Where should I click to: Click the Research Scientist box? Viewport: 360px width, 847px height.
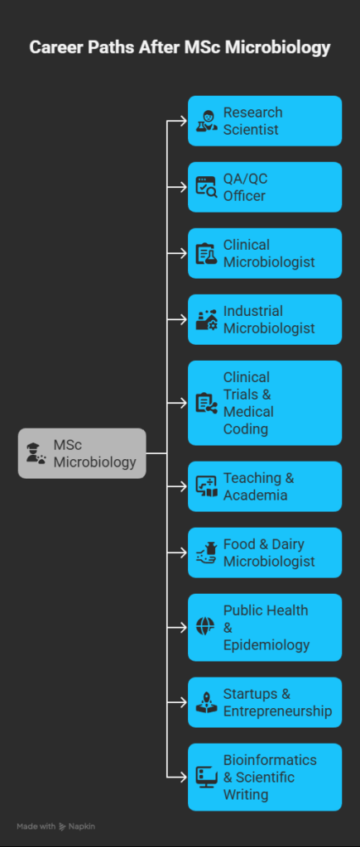click(265, 121)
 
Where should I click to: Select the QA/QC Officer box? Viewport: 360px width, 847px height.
click(265, 187)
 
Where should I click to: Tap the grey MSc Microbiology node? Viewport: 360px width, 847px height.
click(82, 453)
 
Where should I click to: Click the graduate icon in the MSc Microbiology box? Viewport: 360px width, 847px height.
click(36, 453)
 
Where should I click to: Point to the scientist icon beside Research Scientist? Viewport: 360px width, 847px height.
click(206, 121)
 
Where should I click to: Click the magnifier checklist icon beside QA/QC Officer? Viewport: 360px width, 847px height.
click(206, 187)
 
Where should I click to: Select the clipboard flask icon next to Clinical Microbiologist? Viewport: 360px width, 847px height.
click(206, 253)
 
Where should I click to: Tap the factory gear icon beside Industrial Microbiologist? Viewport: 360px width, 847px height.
click(206, 319)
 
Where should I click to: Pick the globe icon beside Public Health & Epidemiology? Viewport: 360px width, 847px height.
click(205, 627)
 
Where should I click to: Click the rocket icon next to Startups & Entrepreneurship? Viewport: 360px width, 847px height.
click(206, 702)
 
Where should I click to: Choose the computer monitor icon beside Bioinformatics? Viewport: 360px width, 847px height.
click(206, 778)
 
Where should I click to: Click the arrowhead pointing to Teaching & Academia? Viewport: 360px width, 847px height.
click(185, 486)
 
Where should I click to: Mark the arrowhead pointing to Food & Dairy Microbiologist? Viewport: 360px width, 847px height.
click(185, 553)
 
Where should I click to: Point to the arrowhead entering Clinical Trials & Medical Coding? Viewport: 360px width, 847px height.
click(185, 403)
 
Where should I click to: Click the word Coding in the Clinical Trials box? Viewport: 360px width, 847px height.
click(246, 429)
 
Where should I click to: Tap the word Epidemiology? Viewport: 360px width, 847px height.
click(266, 645)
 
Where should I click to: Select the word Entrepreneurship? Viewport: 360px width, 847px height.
click(278, 711)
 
